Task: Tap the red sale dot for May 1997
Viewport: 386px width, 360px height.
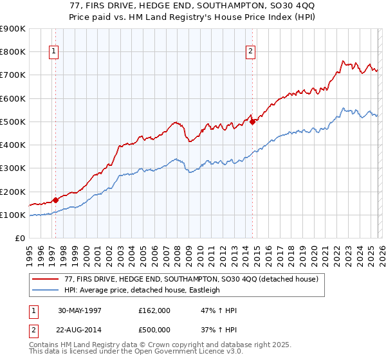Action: tap(56, 200)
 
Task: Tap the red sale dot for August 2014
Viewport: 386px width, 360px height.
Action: tap(252, 121)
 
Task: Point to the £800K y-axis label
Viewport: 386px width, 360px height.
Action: tap(14, 52)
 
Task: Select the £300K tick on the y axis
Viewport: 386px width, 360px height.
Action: tap(14, 168)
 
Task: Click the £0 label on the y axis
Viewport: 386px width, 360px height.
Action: tap(19, 239)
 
